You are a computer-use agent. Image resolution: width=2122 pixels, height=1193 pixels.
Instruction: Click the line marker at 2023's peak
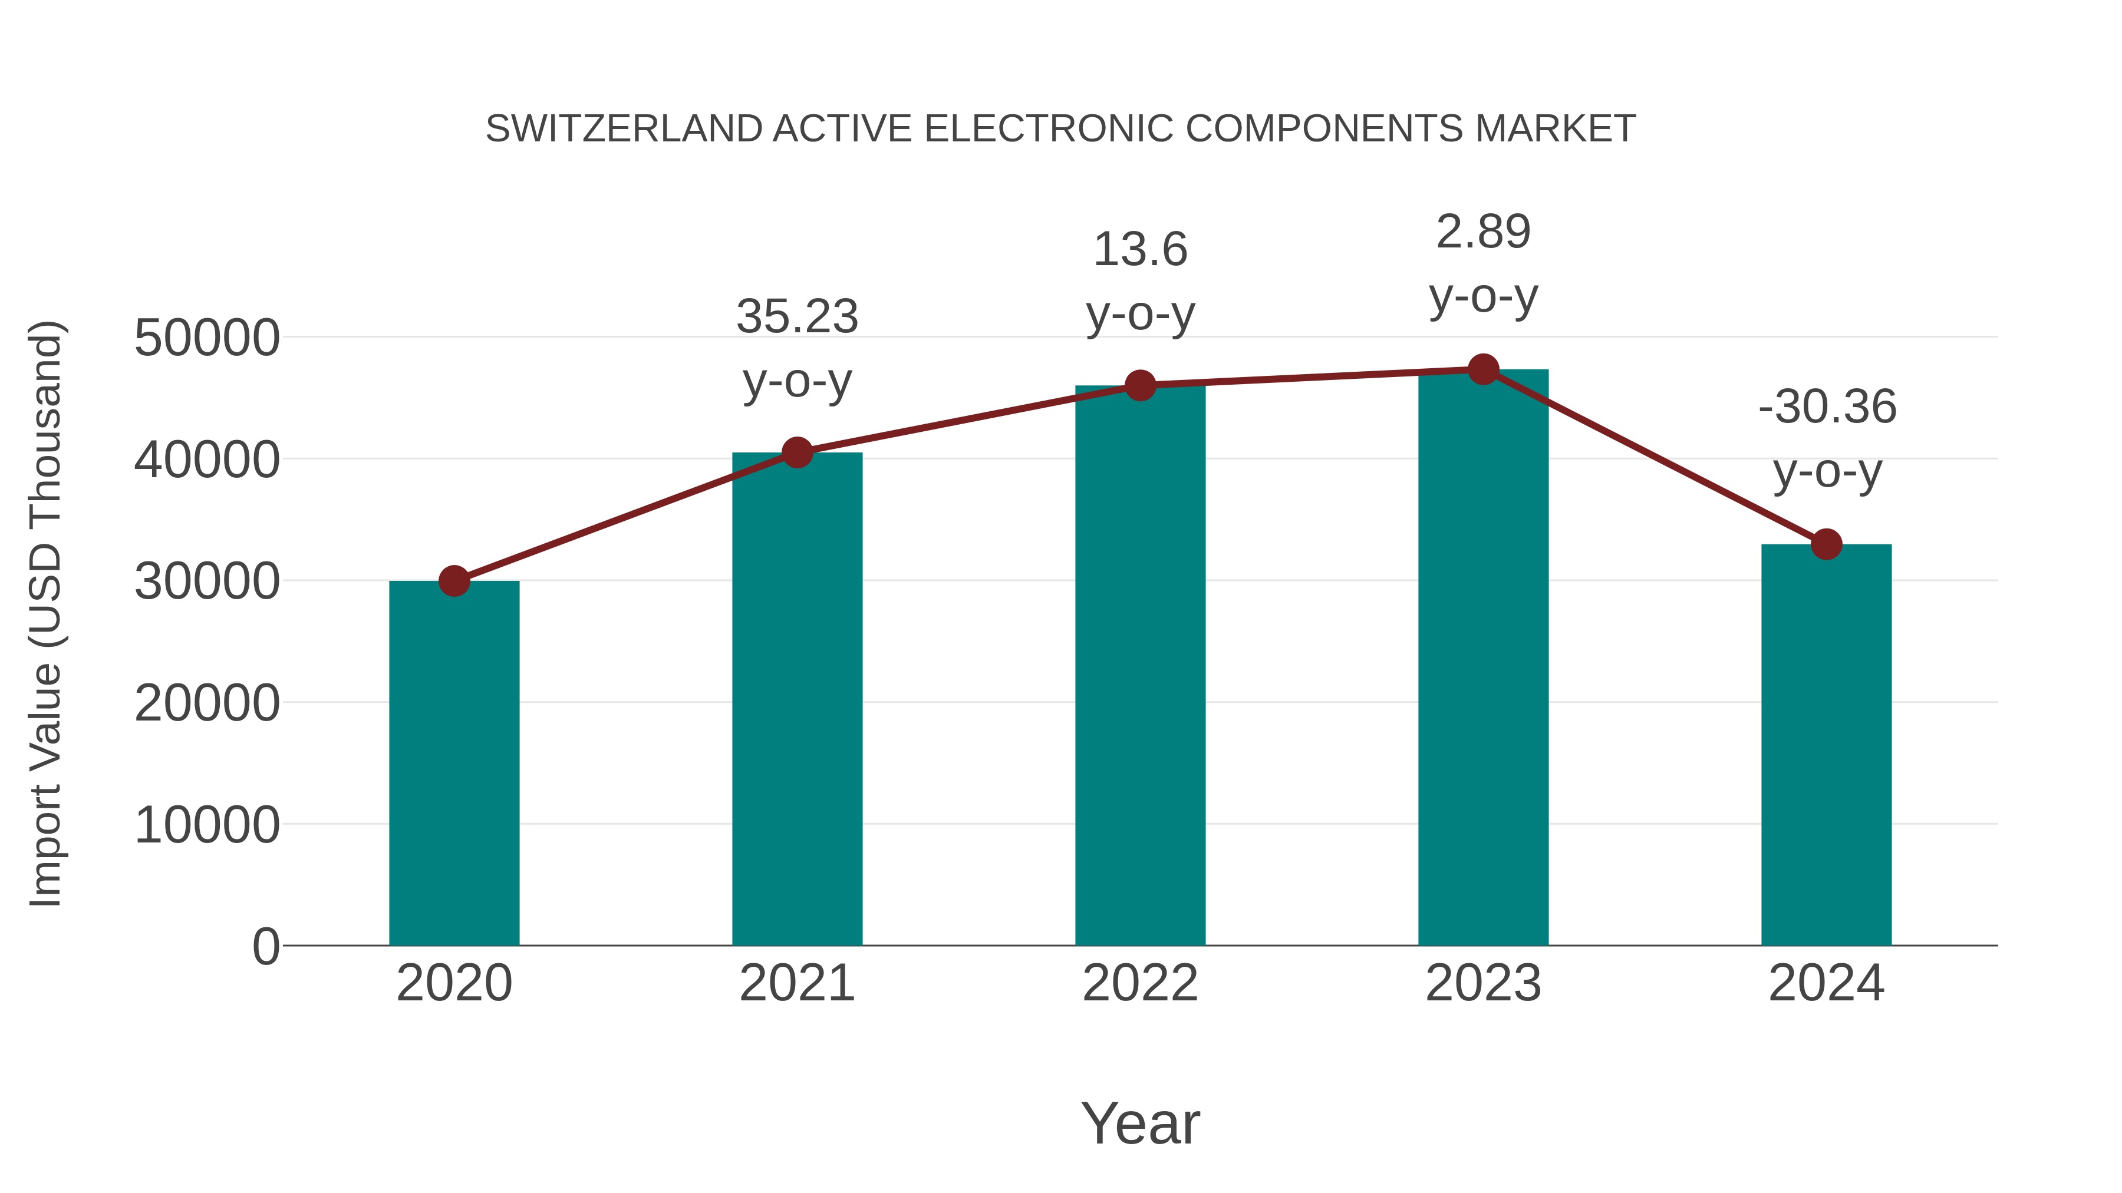coord(1483,369)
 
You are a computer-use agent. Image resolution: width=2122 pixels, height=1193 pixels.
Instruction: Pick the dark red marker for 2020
coord(454,581)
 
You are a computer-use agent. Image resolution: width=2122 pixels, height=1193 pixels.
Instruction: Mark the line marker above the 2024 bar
coord(1826,544)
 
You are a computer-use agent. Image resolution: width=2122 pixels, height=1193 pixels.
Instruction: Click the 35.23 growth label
coord(796,317)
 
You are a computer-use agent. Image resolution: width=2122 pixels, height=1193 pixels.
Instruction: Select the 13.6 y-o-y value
coord(1140,249)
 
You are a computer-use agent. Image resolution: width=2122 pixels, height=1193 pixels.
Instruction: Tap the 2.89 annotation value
coord(1483,232)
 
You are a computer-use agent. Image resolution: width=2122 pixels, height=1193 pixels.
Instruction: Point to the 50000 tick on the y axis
coord(207,338)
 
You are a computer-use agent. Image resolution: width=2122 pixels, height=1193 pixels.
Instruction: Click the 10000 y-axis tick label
coord(207,824)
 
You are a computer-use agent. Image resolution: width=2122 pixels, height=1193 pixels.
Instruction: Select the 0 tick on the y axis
coord(265,946)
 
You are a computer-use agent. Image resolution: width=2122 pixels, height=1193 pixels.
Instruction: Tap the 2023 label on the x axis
coord(1483,983)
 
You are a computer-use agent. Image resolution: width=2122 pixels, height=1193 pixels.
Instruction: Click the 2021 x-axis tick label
coord(796,983)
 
